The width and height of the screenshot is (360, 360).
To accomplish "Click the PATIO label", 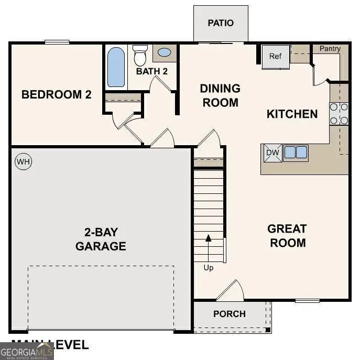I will click(x=221, y=23).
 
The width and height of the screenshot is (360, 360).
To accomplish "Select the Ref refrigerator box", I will click(x=276, y=56).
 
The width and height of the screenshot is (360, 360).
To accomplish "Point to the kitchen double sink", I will click(x=296, y=152).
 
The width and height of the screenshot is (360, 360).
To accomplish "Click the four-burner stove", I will click(x=339, y=114).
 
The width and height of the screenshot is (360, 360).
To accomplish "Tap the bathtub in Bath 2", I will click(x=116, y=67).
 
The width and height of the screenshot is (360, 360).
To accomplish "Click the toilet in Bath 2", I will click(x=140, y=54).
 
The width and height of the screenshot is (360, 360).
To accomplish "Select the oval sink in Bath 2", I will click(x=165, y=52).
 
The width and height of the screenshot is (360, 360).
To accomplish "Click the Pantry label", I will click(x=330, y=49).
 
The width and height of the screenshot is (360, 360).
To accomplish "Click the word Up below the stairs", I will click(x=209, y=268).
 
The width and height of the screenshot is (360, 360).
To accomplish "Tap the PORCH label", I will click(x=230, y=314).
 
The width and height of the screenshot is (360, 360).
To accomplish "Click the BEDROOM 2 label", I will click(x=57, y=95).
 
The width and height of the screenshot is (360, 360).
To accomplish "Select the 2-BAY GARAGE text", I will click(x=101, y=239).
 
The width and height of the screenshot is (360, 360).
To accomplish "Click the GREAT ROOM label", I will click(x=287, y=236).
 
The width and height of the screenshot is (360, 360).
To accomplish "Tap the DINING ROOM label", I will click(x=220, y=95).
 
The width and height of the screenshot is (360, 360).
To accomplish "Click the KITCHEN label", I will click(x=292, y=114).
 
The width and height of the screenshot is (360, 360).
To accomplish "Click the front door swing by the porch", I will click(x=232, y=291).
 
